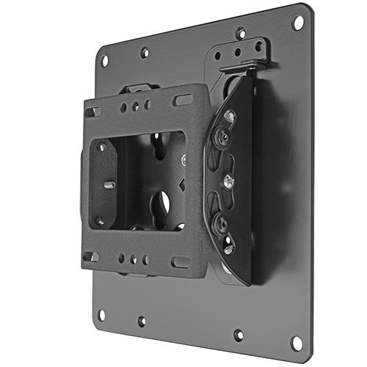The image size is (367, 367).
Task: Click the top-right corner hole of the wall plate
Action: pyautogui.click(x=297, y=22)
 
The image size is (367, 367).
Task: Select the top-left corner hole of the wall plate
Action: pyautogui.click(x=104, y=60)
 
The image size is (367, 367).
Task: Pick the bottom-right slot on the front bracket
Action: pyautogui.click(x=181, y=261)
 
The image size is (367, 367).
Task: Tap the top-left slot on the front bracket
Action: pyautogui.click(x=92, y=112)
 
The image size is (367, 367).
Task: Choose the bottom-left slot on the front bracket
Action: pyautogui.click(x=92, y=256)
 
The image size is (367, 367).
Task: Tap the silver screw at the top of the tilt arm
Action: pyautogui.click(x=230, y=116)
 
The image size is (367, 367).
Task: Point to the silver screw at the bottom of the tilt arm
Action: pyautogui.click(x=229, y=248)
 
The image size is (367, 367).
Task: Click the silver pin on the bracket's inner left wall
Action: pyautogui.click(x=109, y=185)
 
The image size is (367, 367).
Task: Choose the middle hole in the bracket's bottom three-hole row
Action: pyautogui.click(x=134, y=259)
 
